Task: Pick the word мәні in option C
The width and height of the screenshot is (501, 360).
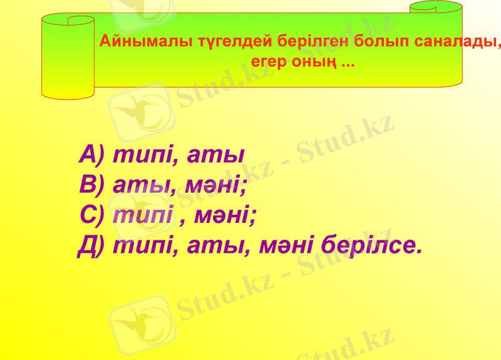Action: coord(223,215)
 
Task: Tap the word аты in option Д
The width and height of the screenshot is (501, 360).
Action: coord(217,245)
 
